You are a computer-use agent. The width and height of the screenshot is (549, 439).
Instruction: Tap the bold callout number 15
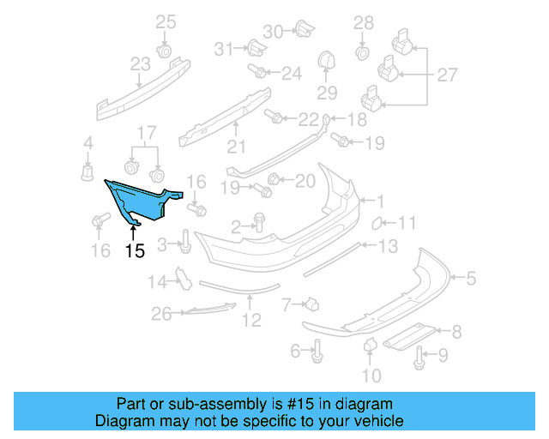point(135,251)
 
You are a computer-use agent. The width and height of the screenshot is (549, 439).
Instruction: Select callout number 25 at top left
point(165,21)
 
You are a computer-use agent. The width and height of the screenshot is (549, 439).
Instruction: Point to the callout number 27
point(447,75)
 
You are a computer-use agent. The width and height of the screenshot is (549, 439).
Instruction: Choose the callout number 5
point(470,277)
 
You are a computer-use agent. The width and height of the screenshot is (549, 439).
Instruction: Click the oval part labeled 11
point(377,225)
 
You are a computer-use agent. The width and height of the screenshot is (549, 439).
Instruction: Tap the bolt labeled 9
point(419,358)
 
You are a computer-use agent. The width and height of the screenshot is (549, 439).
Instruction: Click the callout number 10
point(371,375)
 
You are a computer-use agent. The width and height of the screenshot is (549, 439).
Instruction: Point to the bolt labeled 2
point(260,225)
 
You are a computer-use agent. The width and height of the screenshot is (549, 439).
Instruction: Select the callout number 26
point(161,315)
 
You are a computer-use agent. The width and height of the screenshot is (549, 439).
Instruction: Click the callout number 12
point(250,322)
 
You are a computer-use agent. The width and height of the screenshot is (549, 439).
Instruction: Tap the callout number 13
point(388,247)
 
